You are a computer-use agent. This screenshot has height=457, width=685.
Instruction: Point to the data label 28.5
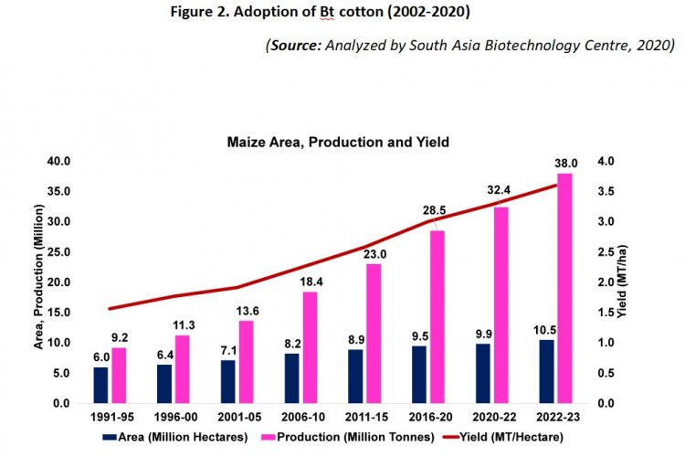[436, 211]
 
